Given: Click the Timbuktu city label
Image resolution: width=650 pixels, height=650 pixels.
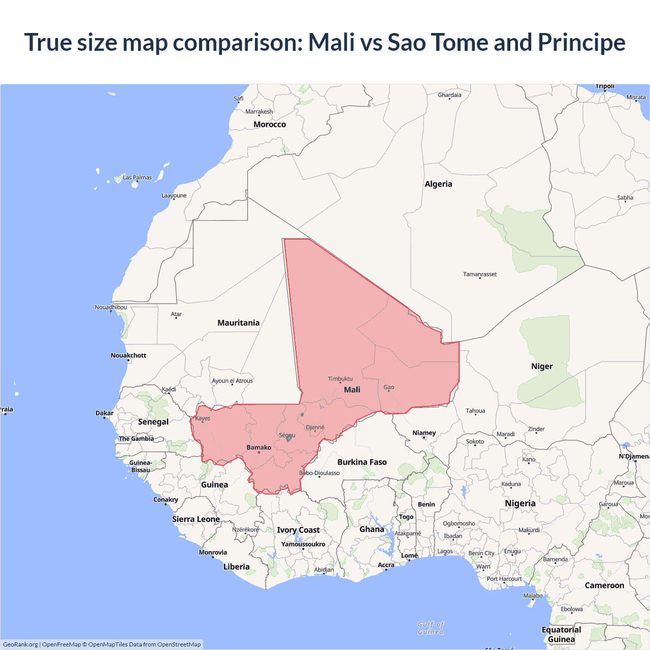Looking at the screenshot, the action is click(340, 379).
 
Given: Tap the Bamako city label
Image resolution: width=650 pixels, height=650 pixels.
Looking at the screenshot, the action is click(258, 447).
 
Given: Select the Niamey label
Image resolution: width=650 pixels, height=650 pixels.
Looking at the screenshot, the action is click(424, 433).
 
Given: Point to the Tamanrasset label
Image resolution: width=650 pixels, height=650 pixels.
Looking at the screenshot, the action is click(479, 274).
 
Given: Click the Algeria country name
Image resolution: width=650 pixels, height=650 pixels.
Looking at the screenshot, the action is click(438, 184).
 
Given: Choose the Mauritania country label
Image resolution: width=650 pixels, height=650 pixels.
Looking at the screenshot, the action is click(238, 323).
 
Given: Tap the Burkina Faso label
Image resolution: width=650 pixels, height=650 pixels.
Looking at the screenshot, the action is click(362, 462).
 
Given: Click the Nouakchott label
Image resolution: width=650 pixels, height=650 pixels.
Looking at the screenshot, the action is click(128, 355).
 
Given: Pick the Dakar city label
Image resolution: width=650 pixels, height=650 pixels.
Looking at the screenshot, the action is click(105, 413).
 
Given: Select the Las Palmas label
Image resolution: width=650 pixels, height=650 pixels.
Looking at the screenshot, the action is click(137, 178).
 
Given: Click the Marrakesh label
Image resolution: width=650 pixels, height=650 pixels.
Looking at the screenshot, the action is click(259, 112).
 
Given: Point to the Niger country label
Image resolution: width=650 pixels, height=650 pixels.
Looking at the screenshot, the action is click(542, 366).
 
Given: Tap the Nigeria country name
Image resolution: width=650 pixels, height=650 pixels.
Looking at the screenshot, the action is click(520, 503).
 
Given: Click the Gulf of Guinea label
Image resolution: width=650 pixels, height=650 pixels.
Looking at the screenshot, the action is click(431, 628).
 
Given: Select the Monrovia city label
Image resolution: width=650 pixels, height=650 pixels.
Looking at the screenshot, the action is click(213, 552).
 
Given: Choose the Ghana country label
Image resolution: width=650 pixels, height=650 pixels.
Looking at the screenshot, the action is click(372, 529).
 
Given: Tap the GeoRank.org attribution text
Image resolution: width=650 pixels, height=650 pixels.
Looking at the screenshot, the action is click(20, 644).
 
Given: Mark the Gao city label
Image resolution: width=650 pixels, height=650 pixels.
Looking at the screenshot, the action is click(389, 387).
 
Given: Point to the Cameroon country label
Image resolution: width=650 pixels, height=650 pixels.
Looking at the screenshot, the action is click(604, 586).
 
